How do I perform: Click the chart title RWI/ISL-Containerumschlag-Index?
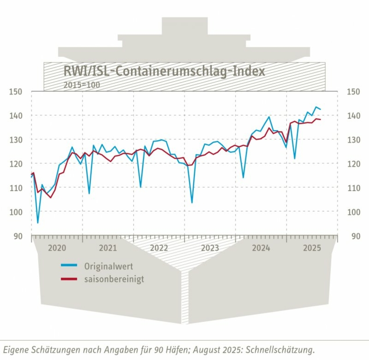[x=164, y=71]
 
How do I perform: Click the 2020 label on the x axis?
[x=57, y=248]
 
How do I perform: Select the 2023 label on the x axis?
[x=210, y=248]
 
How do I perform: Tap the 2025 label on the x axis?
[x=312, y=248]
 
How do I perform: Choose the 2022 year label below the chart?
[x=159, y=248]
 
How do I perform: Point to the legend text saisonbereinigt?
[x=114, y=279]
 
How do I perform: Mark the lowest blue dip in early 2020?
[x=38, y=223]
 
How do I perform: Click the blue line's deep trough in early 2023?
[x=192, y=203]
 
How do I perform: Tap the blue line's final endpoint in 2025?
[x=320, y=109]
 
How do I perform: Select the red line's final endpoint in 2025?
[x=320, y=120]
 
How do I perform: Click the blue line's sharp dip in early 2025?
[x=294, y=159]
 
